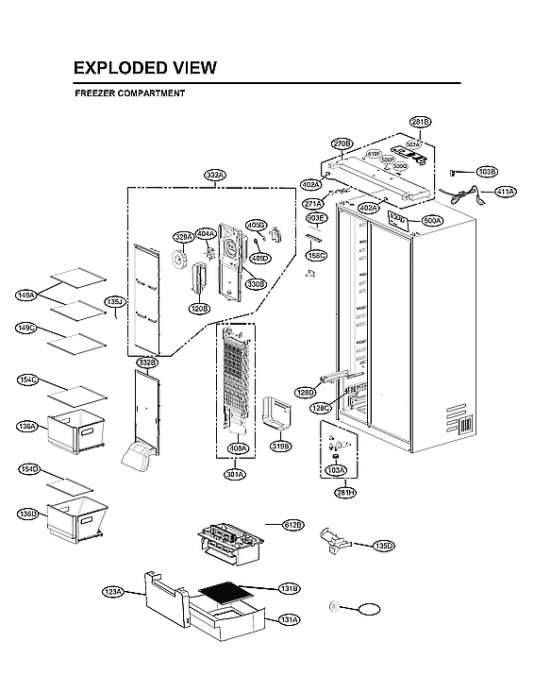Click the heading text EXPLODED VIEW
(x=144, y=68)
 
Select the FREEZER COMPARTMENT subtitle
(x=129, y=93)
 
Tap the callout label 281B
(x=420, y=122)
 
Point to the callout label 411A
(x=505, y=192)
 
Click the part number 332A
(x=215, y=175)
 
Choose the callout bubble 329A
(x=183, y=236)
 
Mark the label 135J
(x=114, y=302)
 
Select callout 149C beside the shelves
(x=26, y=328)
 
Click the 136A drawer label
(x=28, y=427)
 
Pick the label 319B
(x=281, y=445)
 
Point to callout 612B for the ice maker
(x=293, y=524)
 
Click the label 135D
(x=383, y=546)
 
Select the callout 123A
(x=113, y=591)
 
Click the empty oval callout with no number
(x=368, y=608)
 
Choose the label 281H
(x=345, y=492)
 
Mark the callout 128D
(x=305, y=392)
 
